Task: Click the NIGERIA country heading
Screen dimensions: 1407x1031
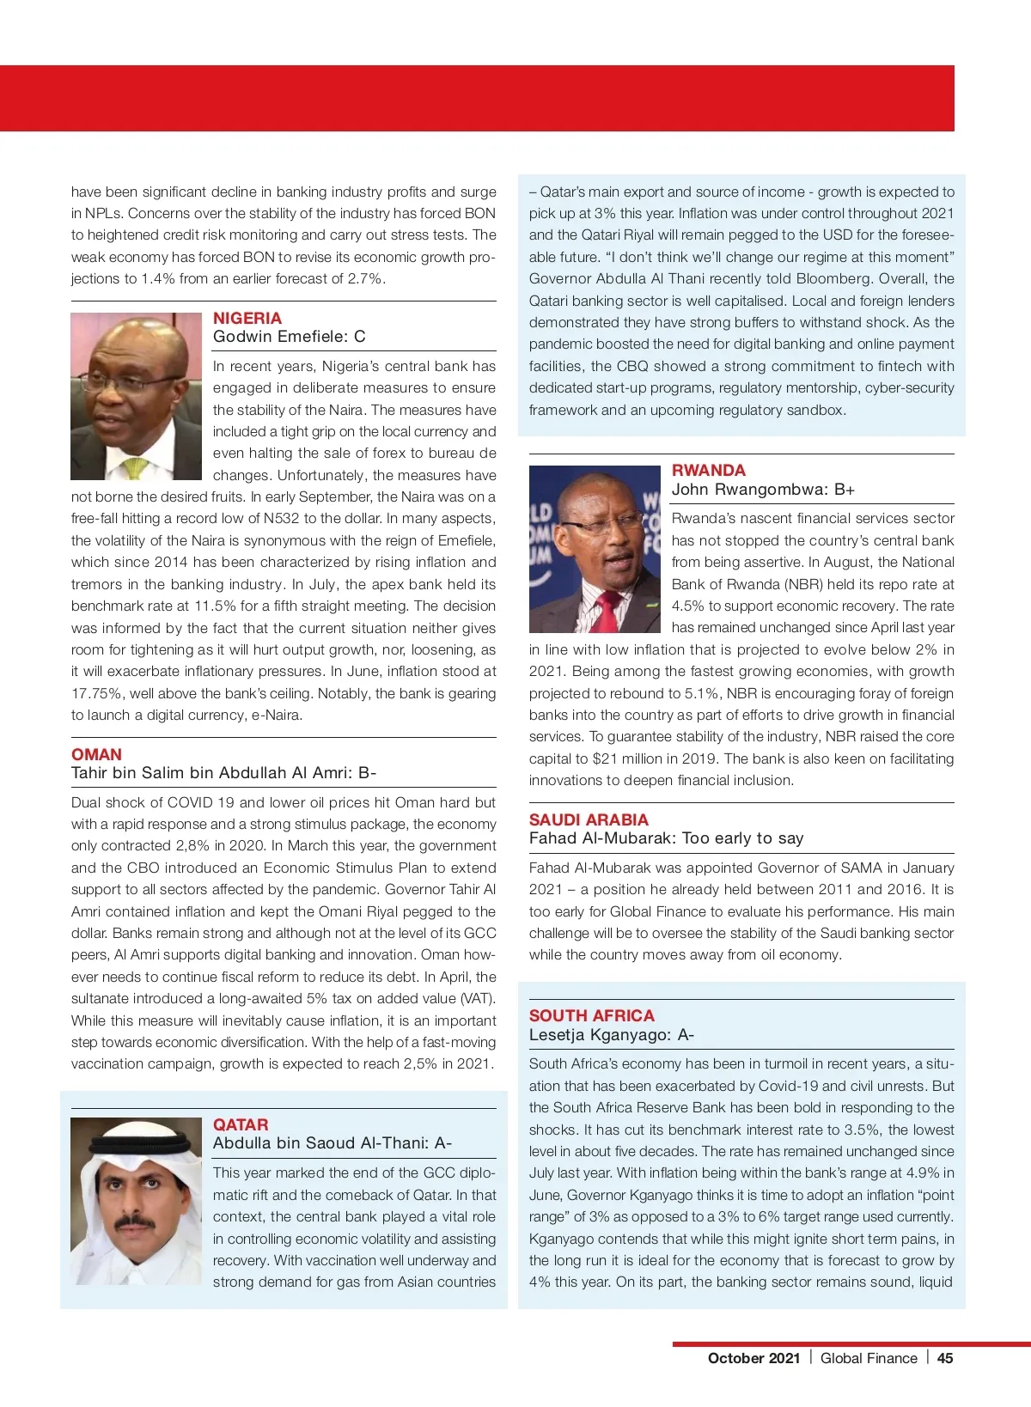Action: point(247,318)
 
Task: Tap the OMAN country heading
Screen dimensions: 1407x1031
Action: point(96,754)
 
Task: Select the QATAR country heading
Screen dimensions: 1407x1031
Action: point(241,1124)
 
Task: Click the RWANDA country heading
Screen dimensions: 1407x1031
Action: point(709,470)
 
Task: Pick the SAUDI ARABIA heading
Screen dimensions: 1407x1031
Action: point(589,819)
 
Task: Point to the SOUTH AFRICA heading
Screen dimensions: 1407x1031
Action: point(592,1015)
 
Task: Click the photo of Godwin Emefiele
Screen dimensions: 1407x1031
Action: point(136,396)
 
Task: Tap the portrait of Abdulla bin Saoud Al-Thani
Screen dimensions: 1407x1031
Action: point(136,1201)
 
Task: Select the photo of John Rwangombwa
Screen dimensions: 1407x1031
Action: point(595,549)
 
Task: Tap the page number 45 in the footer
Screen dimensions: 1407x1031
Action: point(945,1358)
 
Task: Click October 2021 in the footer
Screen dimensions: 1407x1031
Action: point(753,1358)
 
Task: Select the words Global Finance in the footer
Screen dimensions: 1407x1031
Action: point(869,1358)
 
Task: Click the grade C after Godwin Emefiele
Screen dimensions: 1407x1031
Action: point(360,337)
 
